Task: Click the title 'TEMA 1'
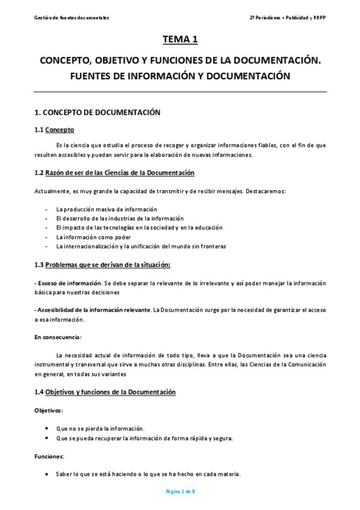point(180,40)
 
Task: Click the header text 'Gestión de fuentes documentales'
point(72,18)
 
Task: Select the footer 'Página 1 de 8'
point(180,492)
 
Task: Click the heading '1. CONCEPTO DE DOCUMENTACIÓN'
point(97,112)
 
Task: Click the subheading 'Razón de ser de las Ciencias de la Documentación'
point(120,173)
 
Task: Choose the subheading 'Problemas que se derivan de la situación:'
point(108,265)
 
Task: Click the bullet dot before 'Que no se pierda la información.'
point(47,428)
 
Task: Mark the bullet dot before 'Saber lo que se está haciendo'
point(47,474)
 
